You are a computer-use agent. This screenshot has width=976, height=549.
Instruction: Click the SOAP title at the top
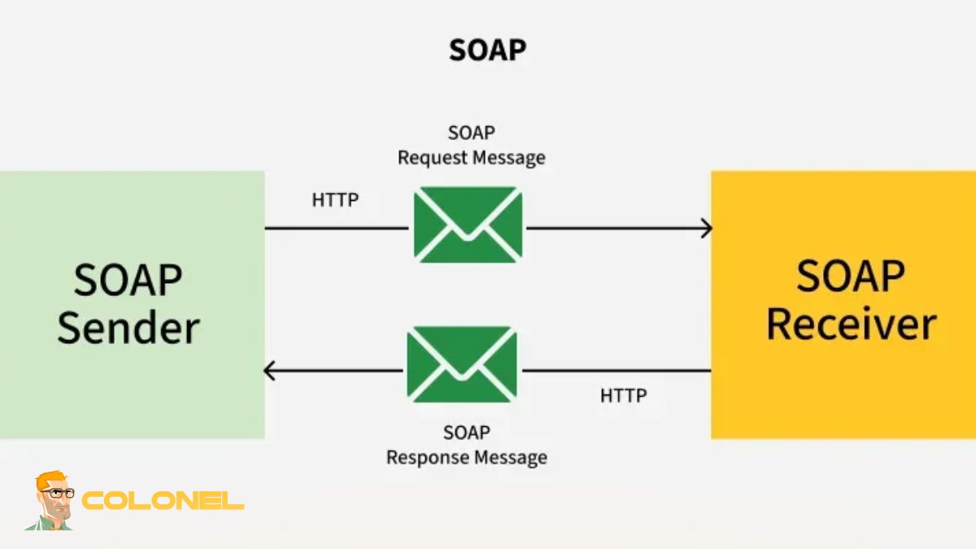487,50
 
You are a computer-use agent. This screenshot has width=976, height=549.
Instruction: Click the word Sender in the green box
129,327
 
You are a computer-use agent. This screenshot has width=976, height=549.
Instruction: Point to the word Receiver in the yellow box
851,323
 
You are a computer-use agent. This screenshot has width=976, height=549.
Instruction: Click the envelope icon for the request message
468,224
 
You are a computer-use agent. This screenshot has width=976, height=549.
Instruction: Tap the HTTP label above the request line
335,199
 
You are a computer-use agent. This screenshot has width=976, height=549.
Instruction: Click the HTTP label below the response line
624,396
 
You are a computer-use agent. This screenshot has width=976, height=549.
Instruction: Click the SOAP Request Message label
471,145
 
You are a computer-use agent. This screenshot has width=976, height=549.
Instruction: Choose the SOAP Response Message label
466,445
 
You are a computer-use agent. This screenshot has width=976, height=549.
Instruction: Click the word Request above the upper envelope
433,158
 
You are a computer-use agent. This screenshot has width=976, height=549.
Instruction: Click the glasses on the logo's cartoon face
58,493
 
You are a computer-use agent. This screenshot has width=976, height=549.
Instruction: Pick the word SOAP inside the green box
128,280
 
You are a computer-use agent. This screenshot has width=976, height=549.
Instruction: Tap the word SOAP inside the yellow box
850,276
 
